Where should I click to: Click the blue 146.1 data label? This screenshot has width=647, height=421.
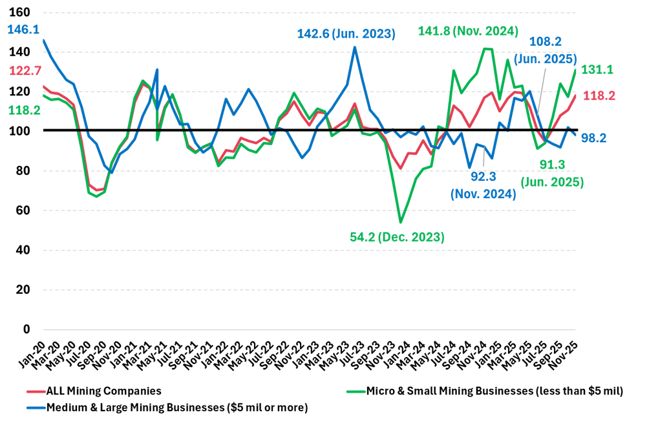[x=23, y=30]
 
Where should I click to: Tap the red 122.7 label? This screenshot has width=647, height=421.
[x=25, y=71]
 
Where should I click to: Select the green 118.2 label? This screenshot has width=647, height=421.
[x=25, y=110]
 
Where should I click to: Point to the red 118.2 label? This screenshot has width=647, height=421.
[x=599, y=96]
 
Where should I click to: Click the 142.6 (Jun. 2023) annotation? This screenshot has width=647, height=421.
[x=346, y=34]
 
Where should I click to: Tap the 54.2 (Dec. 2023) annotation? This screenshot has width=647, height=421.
[x=397, y=237]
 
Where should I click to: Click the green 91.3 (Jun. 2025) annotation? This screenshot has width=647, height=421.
[x=552, y=174]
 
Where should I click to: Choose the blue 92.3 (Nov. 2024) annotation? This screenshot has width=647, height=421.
[x=483, y=185]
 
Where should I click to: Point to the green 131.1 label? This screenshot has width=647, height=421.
[x=597, y=70]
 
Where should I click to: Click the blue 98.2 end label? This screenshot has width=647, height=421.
[x=593, y=138]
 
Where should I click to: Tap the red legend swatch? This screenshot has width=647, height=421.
[x=36, y=392]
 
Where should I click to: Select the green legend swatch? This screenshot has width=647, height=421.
[x=355, y=392]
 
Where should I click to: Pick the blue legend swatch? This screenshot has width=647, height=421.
[x=36, y=407]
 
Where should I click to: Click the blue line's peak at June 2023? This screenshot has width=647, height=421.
[x=355, y=46]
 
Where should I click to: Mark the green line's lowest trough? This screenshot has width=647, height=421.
[x=401, y=223]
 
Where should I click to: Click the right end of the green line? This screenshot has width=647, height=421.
[x=575, y=70]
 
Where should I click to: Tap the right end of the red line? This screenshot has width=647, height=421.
[x=575, y=96]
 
